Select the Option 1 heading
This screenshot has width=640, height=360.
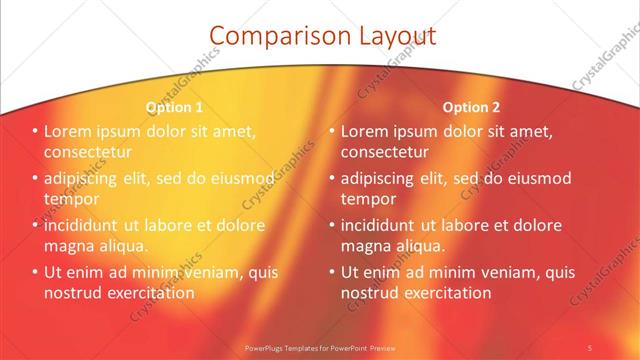click(174, 107)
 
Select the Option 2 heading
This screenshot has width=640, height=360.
click(471, 107)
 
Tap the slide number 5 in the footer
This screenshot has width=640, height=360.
click(590, 347)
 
